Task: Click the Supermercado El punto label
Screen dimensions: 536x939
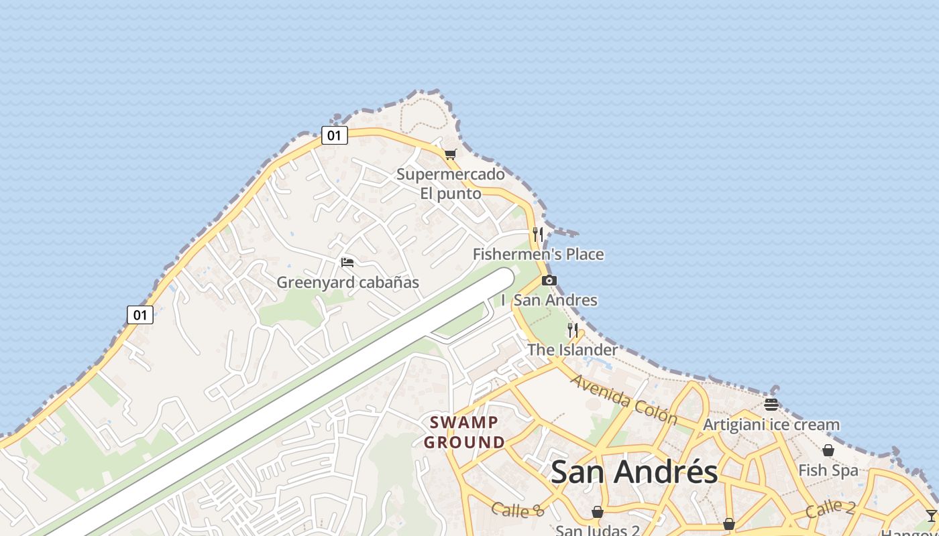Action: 450,184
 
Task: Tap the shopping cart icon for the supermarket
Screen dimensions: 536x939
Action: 450,155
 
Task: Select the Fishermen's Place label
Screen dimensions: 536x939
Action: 538,255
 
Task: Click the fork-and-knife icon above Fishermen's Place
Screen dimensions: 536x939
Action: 538,234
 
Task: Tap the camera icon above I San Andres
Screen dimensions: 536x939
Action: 549,280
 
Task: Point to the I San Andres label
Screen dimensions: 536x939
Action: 549,300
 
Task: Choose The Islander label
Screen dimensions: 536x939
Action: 572,350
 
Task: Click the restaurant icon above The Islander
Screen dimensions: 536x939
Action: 573,330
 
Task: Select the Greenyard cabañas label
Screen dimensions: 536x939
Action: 348,282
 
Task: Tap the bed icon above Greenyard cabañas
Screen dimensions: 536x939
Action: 347,262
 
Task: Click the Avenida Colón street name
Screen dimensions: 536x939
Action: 624,399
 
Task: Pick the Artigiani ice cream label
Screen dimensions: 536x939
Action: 771,425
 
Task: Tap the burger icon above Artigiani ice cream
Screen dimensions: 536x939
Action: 771,404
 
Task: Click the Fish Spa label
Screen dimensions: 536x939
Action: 828,470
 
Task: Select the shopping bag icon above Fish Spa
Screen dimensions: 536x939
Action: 828,450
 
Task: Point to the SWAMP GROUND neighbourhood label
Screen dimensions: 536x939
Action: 464,432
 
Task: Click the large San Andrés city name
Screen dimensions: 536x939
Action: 634,472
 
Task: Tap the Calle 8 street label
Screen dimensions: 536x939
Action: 518,510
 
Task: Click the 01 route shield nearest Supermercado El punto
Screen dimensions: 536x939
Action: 334,135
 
